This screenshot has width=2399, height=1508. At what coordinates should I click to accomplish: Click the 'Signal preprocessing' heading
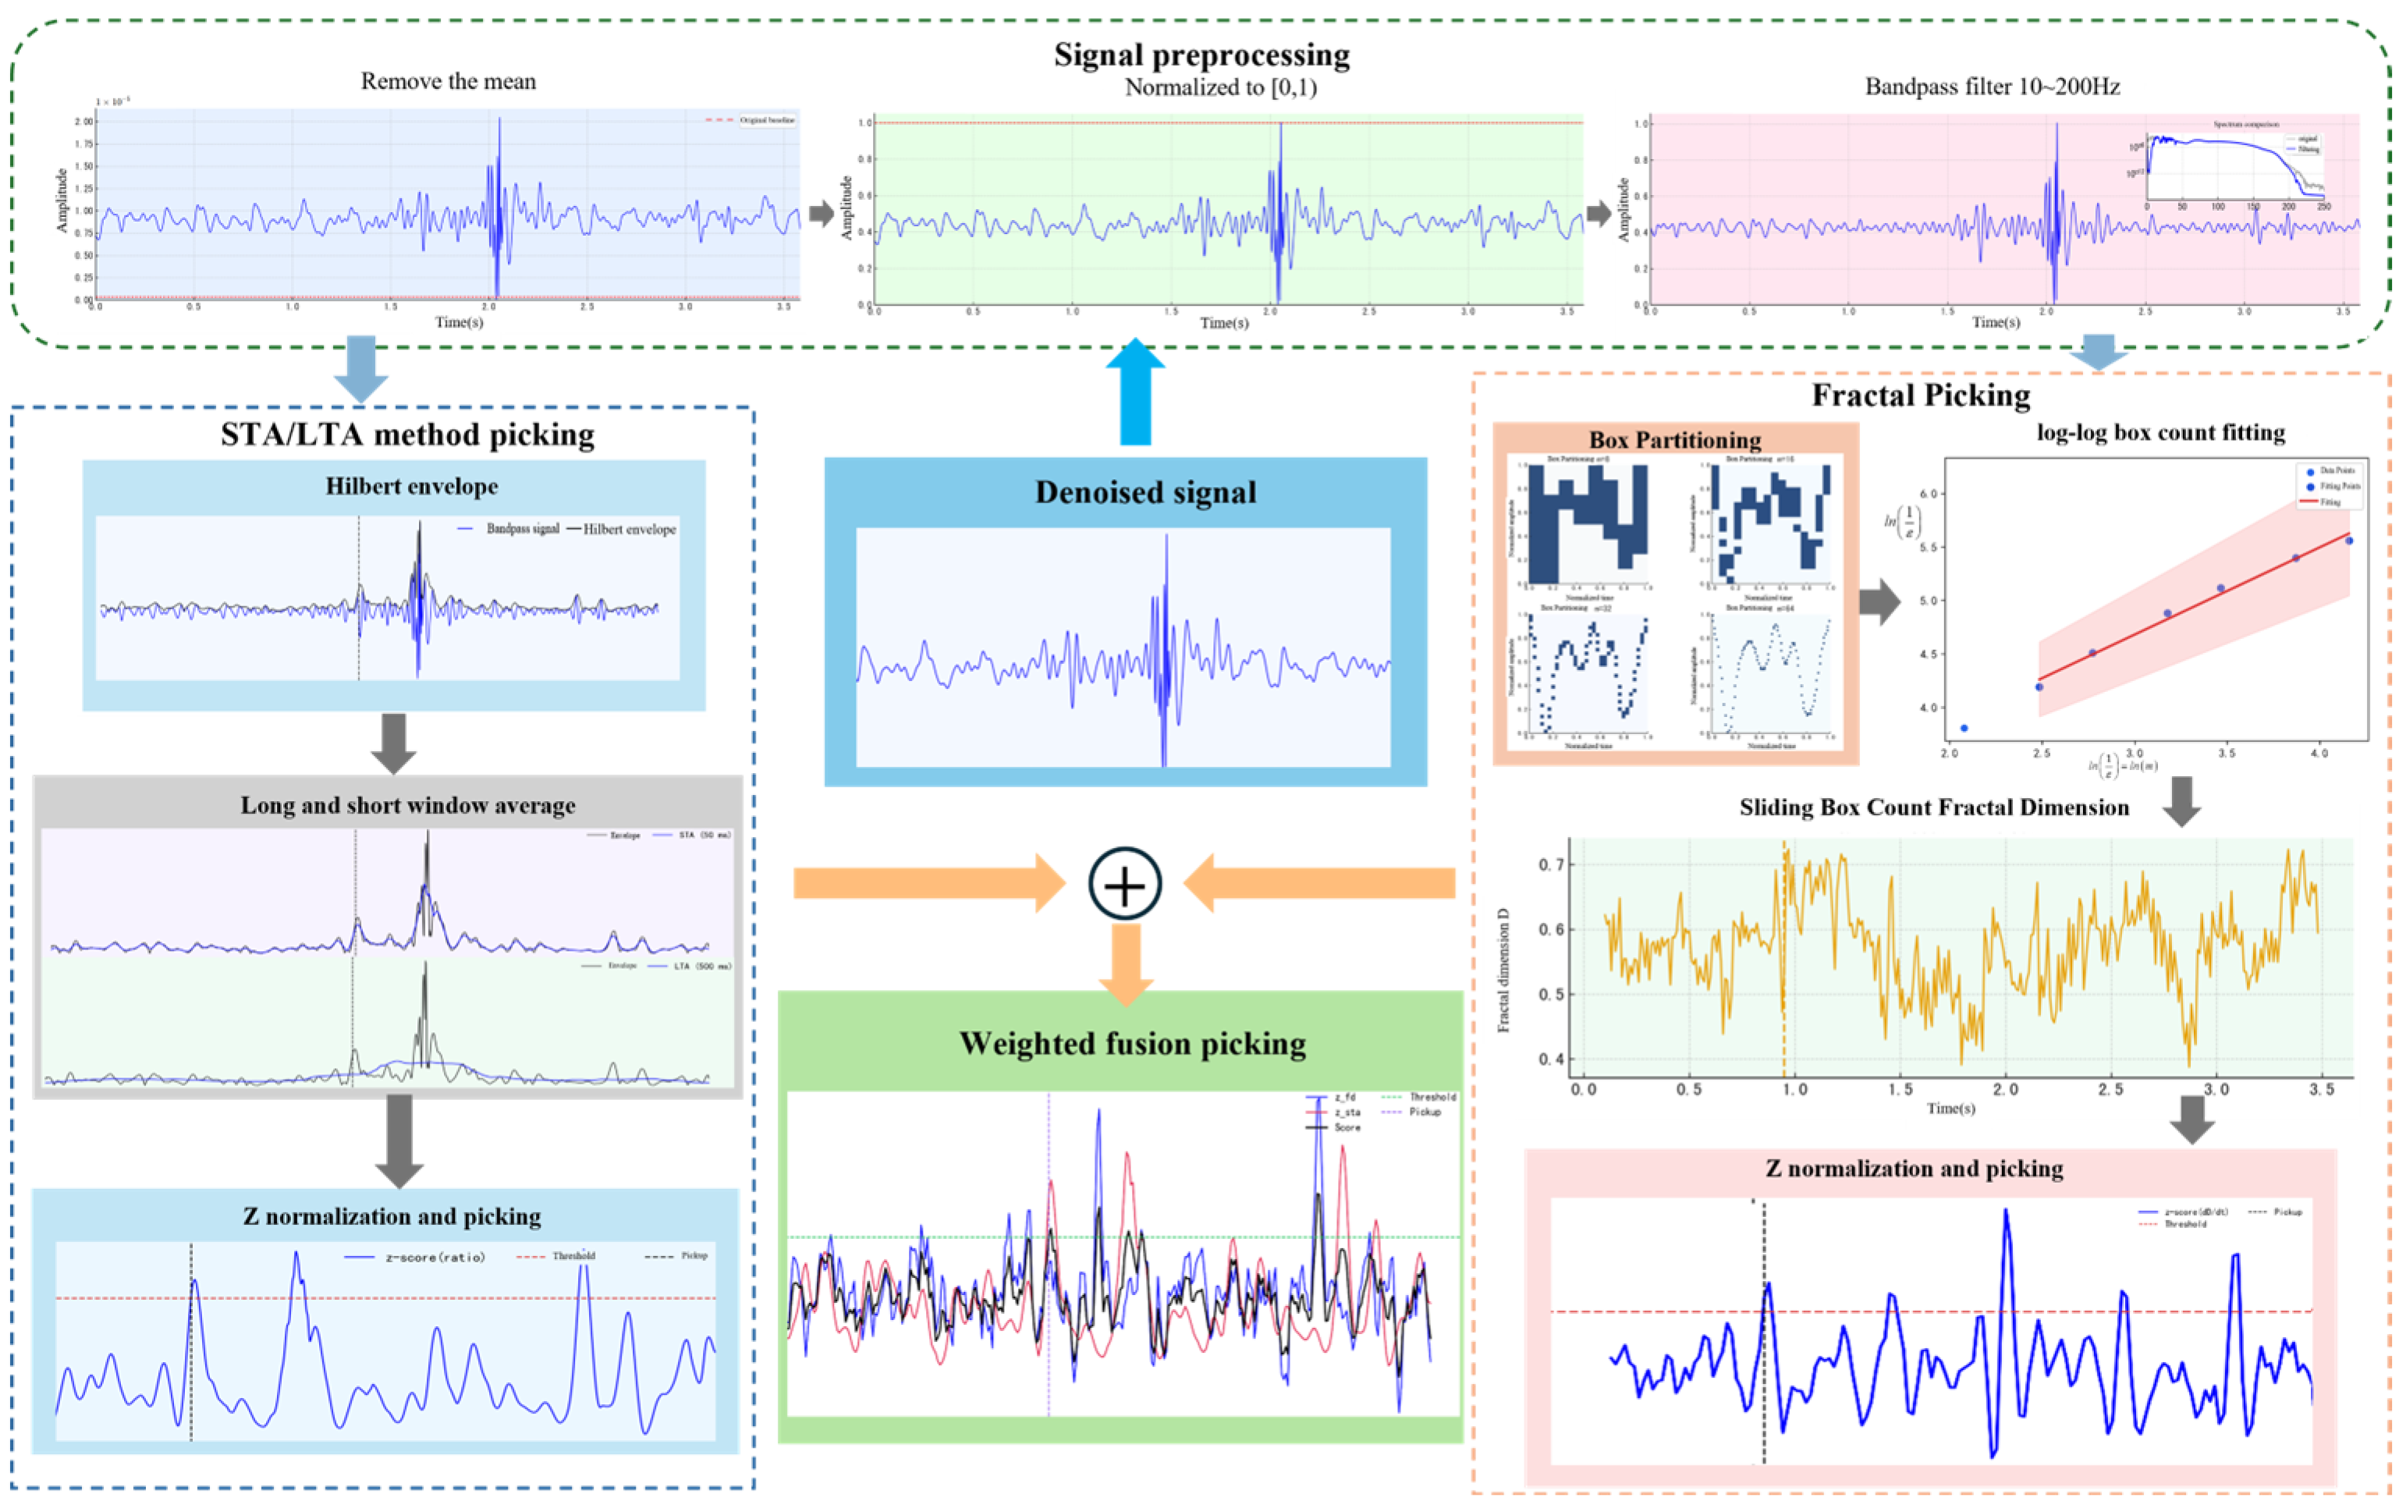(x=1201, y=55)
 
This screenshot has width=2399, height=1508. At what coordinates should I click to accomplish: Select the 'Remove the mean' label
(x=449, y=82)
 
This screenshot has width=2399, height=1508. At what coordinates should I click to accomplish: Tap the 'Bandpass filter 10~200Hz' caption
(x=1992, y=87)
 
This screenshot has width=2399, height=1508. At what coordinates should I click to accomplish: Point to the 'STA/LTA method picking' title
(x=407, y=435)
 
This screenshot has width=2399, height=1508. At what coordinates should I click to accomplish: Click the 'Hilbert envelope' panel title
(x=411, y=486)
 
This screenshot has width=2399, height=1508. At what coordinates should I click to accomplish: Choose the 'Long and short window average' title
(x=407, y=805)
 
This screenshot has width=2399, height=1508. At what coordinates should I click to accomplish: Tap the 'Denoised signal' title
(x=1144, y=492)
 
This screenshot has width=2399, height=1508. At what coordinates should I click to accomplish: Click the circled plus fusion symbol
(x=1125, y=883)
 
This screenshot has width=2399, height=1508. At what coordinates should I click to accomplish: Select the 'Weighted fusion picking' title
(x=1132, y=1043)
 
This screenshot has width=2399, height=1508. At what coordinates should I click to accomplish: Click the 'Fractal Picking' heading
(x=1920, y=396)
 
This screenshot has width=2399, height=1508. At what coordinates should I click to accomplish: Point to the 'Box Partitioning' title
(x=1675, y=439)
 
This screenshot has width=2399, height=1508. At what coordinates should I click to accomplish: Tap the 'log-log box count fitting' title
(x=2160, y=432)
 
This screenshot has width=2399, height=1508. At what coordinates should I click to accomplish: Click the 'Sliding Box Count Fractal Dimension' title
(x=1934, y=807)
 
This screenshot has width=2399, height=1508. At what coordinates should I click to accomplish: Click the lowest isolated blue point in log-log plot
(x=1964, y=728)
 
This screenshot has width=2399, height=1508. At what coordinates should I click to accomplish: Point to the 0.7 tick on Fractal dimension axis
(x=1551, y=864)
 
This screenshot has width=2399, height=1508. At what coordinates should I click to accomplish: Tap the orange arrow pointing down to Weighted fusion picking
(x=1126, y=964)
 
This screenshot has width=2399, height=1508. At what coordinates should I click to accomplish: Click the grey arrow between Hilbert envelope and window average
(x=393, y=743)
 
